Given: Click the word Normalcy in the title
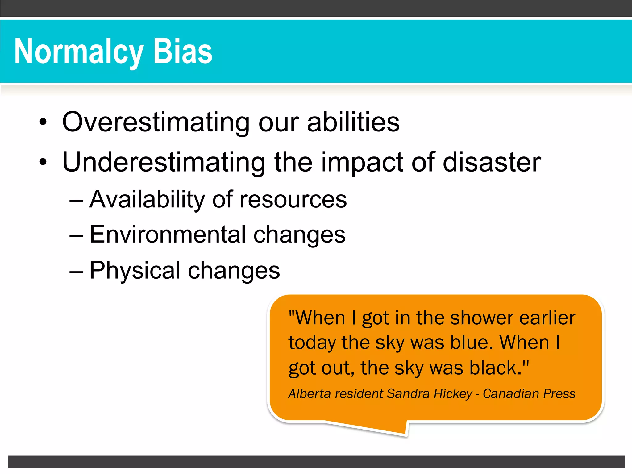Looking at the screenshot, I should [x=79, y=52].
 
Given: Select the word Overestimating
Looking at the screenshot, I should [x=156, y=122].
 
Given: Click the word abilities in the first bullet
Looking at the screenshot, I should [x=353, y=122].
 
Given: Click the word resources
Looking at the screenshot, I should [x=293, y=200].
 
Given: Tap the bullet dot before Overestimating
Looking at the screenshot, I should [x=43, y=122].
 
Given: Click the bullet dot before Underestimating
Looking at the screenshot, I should [x=43, y=162].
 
